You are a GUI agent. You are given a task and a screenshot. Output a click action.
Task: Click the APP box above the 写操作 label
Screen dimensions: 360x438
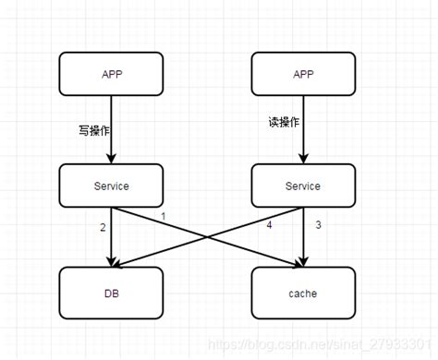[x=111, y=74]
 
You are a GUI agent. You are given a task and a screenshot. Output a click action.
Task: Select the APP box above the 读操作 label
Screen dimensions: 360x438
[x=302, y=74]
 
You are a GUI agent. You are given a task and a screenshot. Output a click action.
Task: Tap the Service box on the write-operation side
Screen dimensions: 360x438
[x=111, y=186]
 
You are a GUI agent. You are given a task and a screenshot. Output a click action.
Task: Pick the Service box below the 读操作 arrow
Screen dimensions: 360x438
[x=302, y=186]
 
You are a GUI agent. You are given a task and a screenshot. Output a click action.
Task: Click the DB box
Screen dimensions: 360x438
[x=111, y=293]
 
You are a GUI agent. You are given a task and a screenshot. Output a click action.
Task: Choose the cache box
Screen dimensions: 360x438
[x=302, y=293]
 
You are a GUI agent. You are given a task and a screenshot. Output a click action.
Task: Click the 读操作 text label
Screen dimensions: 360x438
[x=283, y=122]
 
